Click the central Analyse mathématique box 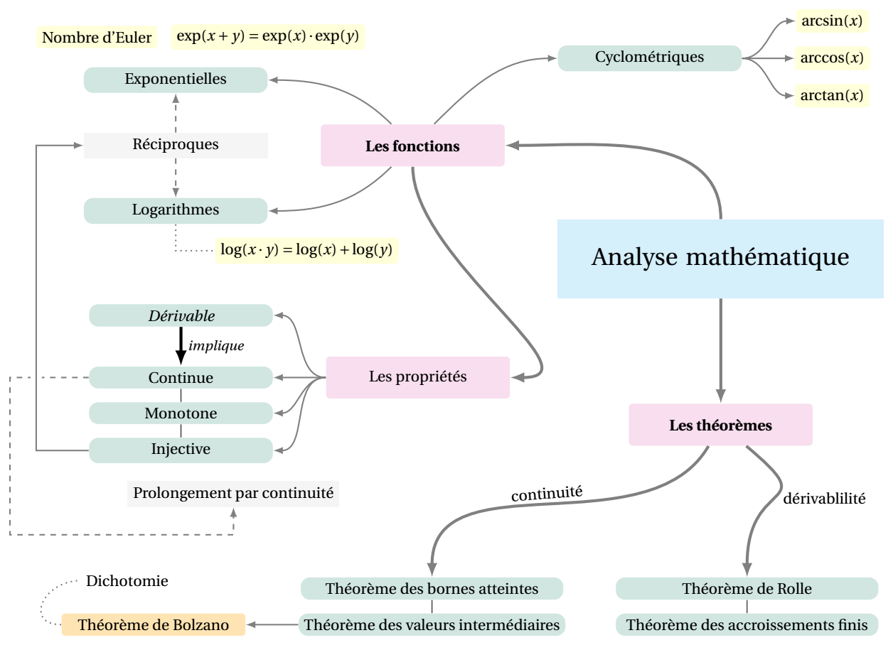click(x=720, y=259)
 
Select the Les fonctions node click(x=412, y=146)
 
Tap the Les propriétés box click(x=418, y=377)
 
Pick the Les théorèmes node click(x=720, y=425)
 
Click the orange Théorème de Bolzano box click(x=154, y=624)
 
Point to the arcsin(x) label click(x=832, y=21)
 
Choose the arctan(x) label click(x=832, y=96)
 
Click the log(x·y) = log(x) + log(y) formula click(x=306, y=250)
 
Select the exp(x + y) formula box click(x=268, y=37)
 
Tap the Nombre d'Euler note click(x=97, y=38)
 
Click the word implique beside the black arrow click(x=216, y=345)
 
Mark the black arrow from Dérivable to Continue click(x=181, y=346)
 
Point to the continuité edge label click(x=547, y=494)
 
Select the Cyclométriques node click(x=649, y=58)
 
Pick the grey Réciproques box click(x=176, y=146)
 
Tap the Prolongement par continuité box click(x=233, y=494)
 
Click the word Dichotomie click(x=127, y=581)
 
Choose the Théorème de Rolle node click(x=747, y=588)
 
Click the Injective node click(x=181, y=450)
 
